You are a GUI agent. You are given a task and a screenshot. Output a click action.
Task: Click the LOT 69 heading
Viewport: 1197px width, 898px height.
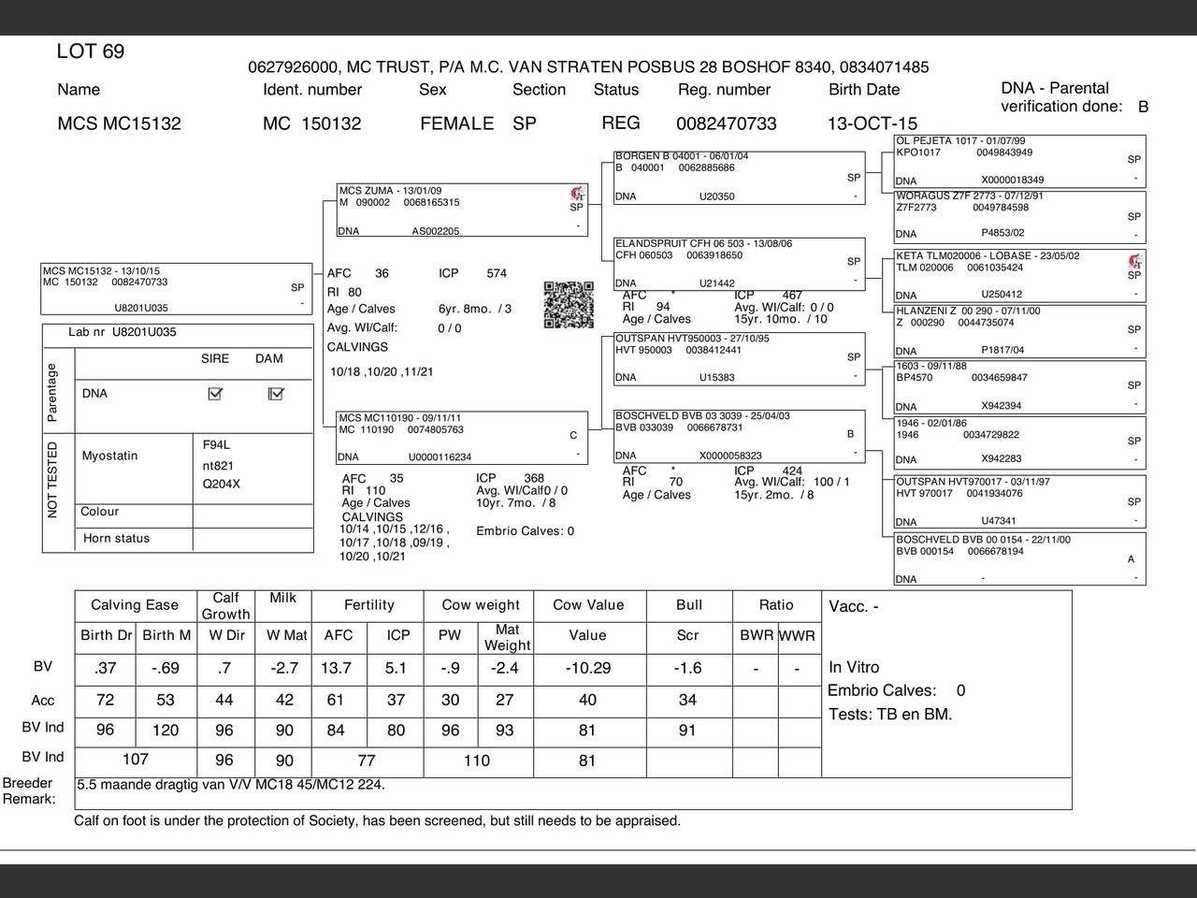[x=91, y=51]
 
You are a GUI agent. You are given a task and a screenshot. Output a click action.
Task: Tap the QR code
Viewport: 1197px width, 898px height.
[x=569, y=305]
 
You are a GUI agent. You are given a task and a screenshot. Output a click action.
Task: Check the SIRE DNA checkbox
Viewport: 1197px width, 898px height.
[x=215, y=394]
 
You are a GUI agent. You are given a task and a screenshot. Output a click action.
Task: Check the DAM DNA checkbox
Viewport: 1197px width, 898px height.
[x=276, y=394]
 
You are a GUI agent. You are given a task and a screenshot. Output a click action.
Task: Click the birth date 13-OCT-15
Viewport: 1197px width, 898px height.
[x=872, y=123]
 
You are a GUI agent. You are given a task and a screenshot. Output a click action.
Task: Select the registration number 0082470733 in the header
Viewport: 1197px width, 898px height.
[x=726, y=123]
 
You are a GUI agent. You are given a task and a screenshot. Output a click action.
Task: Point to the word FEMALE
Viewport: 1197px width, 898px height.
[x=456, y=123]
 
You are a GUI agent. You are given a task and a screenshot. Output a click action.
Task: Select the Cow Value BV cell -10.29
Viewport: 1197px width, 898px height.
[x=587, y=668]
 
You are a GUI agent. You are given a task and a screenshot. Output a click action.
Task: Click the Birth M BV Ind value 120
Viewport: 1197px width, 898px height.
[x=166, y=730]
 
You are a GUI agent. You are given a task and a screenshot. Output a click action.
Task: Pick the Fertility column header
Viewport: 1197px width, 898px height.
[x=368, y=605]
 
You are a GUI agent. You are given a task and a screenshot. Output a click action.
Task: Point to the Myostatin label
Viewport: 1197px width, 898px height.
[x=109, y=456]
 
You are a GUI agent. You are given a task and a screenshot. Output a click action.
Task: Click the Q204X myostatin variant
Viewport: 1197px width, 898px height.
[x=222, y=484]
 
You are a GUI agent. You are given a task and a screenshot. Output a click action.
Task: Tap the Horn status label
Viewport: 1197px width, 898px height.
[x=116, y=538]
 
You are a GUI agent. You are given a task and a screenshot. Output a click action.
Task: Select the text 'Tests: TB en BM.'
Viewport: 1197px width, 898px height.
[x=890, y=714]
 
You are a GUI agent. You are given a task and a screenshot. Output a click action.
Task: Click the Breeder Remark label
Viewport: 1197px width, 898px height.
[x=28, y=790]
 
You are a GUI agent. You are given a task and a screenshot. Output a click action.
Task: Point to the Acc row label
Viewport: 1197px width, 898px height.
[x=43, y=700]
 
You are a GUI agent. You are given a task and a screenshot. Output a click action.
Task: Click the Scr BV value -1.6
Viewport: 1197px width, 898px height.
[x=687, y=668]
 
